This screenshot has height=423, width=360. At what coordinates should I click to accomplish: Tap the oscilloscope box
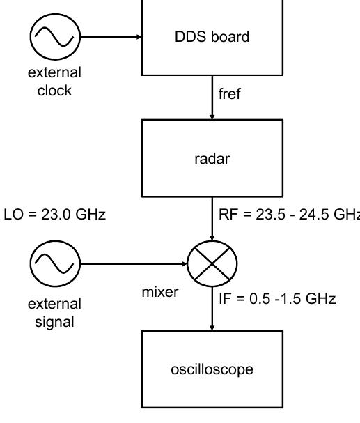tap(212, 369)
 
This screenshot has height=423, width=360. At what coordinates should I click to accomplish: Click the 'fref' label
tap(230, 93)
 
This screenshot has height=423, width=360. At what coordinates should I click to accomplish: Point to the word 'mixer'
tap(159, 292)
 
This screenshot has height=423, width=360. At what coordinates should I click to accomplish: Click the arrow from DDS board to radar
tap(212, 97)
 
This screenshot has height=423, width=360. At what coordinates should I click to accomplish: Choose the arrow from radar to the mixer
tap(212, 217)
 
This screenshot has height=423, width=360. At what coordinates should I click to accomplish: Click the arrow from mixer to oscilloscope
tap(212, 309)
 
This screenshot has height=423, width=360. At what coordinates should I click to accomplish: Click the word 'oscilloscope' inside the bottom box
tap(212, 369)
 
